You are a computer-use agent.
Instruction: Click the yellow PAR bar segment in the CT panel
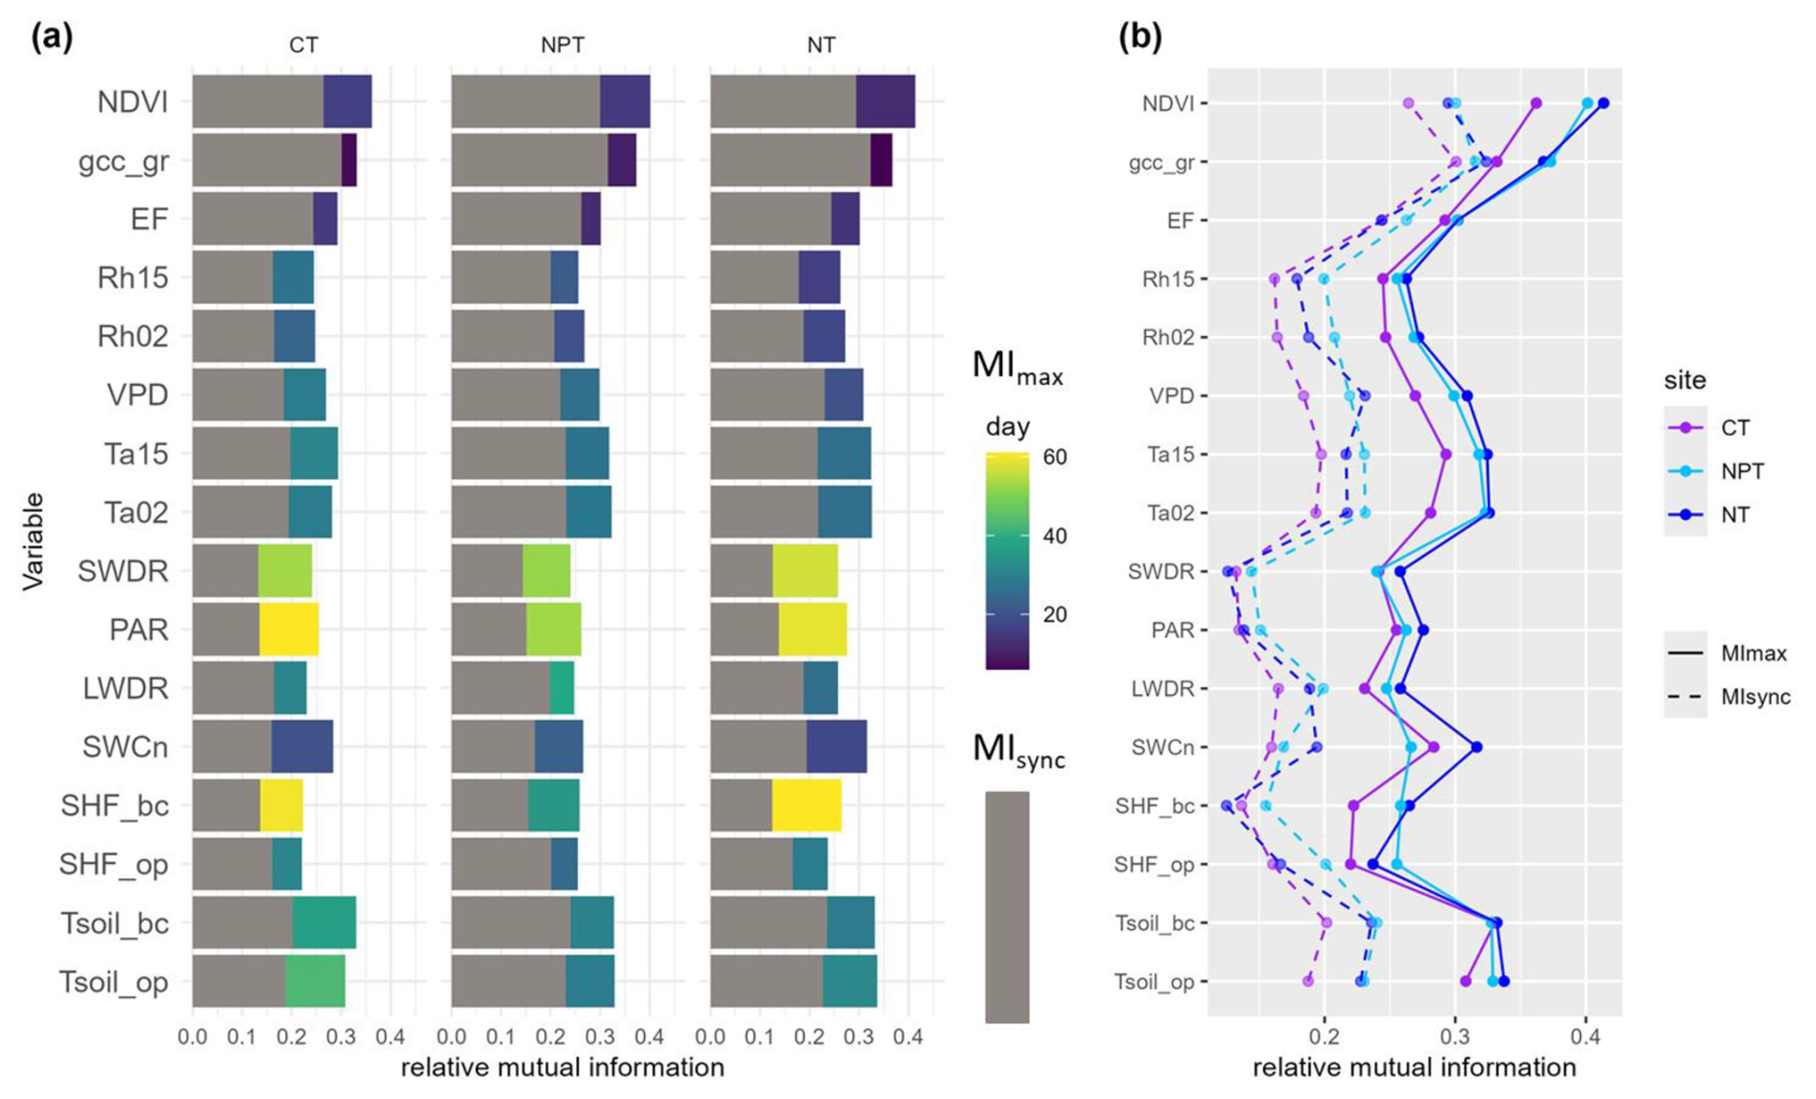point(288,630)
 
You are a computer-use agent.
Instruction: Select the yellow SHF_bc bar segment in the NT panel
point(806,805)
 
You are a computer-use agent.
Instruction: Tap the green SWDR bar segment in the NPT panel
point(545,571)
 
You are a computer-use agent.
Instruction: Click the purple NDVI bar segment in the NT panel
point(885,102)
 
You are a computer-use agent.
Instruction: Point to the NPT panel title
point(562,45)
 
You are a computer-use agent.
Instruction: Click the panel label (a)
point(52,37)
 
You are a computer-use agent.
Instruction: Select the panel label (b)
point(1139,37)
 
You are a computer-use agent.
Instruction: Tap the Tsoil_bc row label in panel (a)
point(114,923)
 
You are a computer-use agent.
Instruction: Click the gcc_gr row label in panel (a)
point(124,161)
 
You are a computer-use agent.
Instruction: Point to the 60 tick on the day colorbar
point(1054,457)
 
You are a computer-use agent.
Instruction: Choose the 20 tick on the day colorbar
point(1054,614)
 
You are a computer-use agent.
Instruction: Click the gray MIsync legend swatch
point(1007,906)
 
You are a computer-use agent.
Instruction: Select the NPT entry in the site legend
point(1742,471)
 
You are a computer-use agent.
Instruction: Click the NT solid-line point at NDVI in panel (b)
point(1603,103)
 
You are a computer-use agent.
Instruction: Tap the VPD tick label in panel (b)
point(1171,395)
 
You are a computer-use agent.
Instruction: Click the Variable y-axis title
point(34,540)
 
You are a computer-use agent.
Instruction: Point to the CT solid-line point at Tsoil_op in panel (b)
point(1466,981)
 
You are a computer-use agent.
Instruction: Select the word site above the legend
point(1685,380)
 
